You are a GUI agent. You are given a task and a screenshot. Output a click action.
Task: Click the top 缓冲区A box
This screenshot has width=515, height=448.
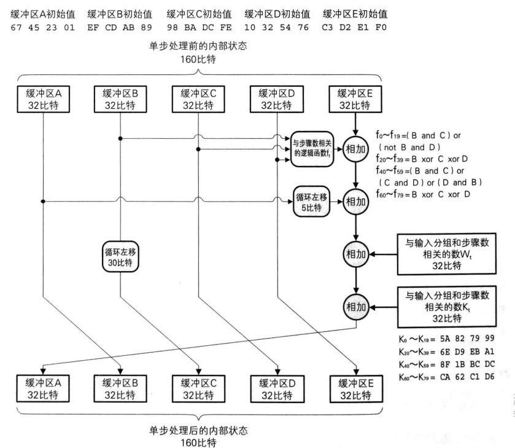point(44,100)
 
